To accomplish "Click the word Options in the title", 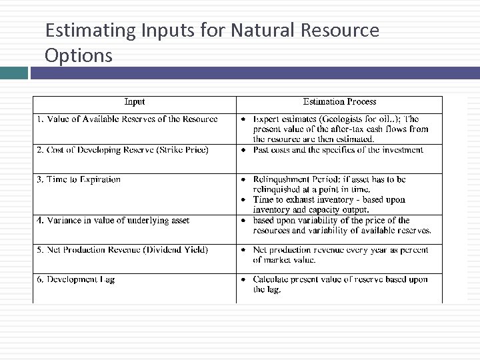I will point(79,55).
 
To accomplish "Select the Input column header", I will point(135,102).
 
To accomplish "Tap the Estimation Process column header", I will point(339,102).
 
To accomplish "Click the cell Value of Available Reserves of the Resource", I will point(127,119).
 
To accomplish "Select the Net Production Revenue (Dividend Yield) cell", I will point(123,250).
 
